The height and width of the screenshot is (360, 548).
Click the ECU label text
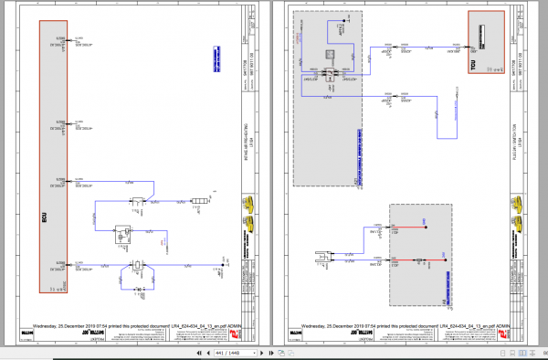pos(43,219)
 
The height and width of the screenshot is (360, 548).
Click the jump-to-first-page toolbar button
pos(198,352)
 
